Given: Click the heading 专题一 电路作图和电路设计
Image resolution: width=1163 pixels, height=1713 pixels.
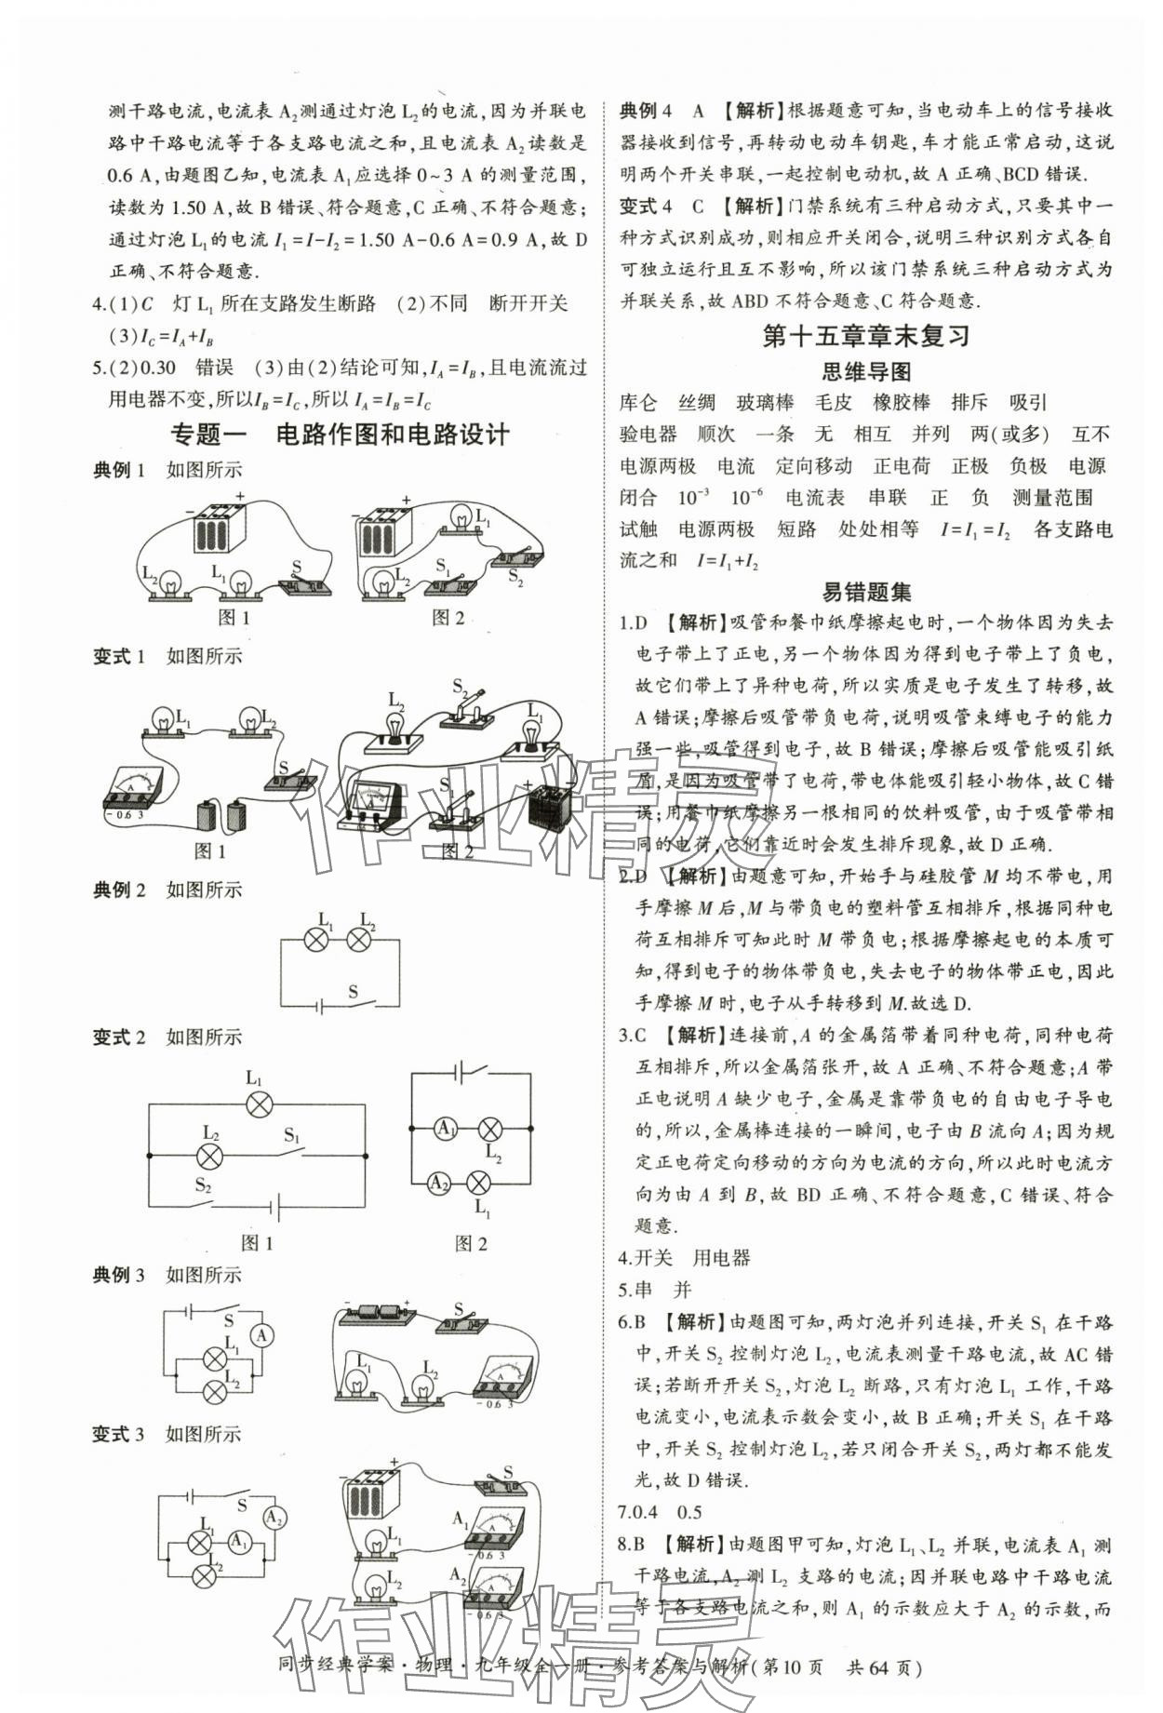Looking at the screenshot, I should coord(341,434).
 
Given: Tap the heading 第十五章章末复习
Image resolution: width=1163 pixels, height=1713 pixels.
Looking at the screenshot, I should coord(865,336).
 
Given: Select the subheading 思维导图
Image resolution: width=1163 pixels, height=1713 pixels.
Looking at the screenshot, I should coord(865,372).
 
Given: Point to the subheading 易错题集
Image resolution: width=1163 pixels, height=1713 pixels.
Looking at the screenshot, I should coord(865,592).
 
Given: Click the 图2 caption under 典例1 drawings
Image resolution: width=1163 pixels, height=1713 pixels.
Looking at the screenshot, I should coord(448,617).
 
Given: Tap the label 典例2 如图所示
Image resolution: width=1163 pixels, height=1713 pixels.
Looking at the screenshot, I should coord(167,890).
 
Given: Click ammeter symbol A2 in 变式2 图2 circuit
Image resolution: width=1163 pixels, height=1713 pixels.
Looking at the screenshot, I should coord(438,1183).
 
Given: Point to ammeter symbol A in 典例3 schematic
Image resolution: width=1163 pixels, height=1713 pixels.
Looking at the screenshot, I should coord(262,1336).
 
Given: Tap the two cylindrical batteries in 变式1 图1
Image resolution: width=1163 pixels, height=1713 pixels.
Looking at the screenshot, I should coord(221,814).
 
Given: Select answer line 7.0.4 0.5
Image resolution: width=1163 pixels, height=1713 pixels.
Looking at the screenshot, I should coord(660,1513).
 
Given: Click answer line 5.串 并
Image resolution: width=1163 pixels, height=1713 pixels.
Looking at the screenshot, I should coord(655,1290).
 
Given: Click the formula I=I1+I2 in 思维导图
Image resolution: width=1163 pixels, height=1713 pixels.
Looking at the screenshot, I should coord(728,561).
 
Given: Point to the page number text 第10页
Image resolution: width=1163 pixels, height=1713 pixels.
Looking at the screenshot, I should coord(793,1667).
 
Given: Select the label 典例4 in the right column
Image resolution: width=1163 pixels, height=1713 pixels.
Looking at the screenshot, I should coord(646,111).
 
